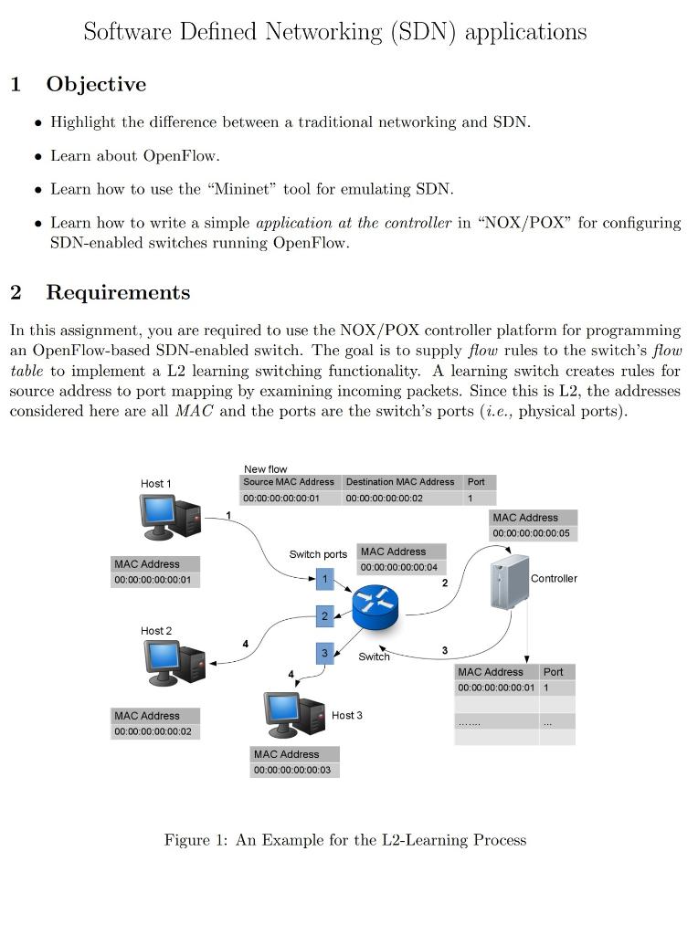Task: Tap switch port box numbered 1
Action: point(324,578)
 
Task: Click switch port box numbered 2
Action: point(324,616)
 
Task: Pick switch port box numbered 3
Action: point(324,653)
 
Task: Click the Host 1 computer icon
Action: point(170,516)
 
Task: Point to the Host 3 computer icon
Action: point(294,714)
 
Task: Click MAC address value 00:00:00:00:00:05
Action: point(531,533)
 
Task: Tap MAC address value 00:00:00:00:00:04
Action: point(399,567)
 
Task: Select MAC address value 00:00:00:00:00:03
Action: point(292,771)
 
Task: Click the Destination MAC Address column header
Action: point(400,482)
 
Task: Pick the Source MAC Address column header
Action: point(289,482)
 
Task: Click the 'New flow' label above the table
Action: point(265,469)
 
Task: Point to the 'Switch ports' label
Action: point(318,554)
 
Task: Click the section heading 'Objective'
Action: point(96,85)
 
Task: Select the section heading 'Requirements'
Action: point(118,293)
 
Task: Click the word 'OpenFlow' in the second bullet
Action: point(181,155)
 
